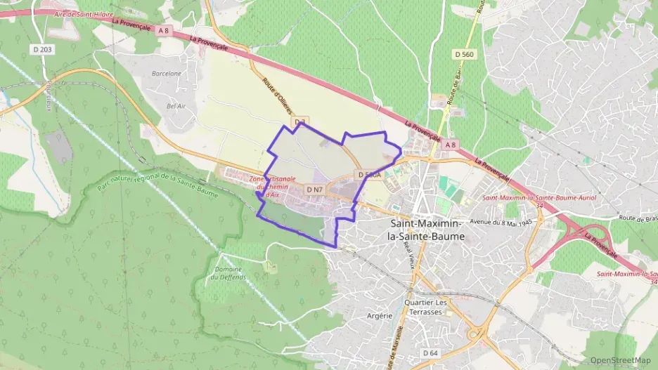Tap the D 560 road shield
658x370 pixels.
click(464, 53)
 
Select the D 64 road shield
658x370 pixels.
click(430, 352)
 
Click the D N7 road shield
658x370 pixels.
click(314, 190)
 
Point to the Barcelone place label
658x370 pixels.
click(167, 73)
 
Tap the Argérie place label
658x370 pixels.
click(380, 316)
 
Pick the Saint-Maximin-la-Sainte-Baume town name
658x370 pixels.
click(426, 230)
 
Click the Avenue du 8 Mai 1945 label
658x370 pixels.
click(502, 222)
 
